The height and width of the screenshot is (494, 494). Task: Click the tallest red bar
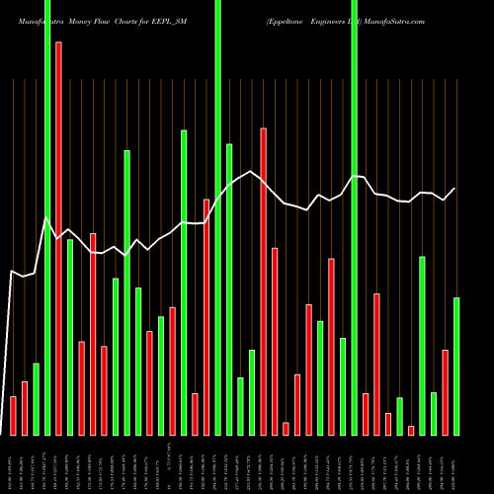coord(58,237)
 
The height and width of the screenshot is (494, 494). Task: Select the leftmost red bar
coord(13,415)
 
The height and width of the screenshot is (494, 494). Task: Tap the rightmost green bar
coord(456,366)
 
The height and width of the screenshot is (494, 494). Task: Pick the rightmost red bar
coord(445,392)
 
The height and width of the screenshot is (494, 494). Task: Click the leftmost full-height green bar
coord(47,217)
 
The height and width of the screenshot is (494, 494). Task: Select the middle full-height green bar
coord(217,217)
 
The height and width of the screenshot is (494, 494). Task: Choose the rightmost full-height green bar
coord(354,217)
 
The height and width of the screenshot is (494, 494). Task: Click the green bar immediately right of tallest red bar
coord(70,336)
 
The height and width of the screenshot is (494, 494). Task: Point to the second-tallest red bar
coord(263,282)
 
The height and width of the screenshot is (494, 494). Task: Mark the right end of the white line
coord(456,188)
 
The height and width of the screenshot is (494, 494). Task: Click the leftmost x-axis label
coord(13,464)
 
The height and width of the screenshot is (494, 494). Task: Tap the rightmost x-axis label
coord(456,464)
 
